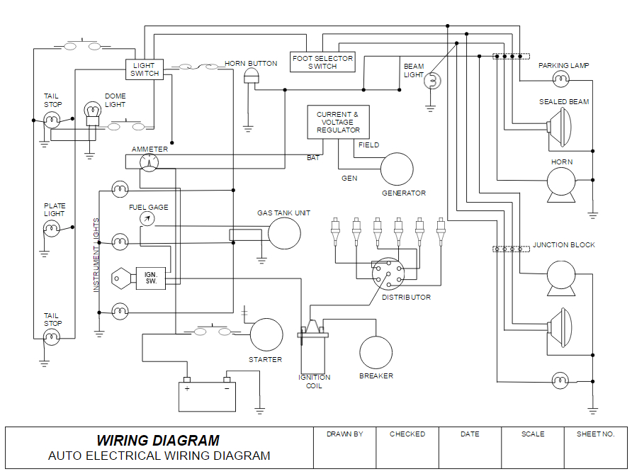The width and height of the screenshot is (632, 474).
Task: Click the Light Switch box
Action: click(x=145, y=69)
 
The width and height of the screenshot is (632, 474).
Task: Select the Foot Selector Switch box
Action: click(x=322, y=62)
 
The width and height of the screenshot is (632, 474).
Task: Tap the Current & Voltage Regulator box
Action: click(x=338, y=122)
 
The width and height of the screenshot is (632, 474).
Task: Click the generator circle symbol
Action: click(x=397, y=169)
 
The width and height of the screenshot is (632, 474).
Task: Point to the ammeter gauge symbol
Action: click(x=149, y=163)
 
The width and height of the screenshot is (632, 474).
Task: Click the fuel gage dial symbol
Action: click(x=147, y=218)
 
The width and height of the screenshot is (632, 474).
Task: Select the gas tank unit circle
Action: click(x=284, y=233)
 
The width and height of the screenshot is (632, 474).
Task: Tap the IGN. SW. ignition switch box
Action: click(x=152, y=278)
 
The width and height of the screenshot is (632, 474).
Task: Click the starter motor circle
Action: click(x=266, y=334)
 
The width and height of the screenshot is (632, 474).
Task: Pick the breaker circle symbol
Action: click(x=376, y=352)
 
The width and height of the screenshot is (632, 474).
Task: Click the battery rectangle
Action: click(x=207, y=397)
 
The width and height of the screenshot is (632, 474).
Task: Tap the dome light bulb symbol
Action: click(x=92, y=112)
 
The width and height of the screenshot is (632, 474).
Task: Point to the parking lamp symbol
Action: click(x=562, y=77)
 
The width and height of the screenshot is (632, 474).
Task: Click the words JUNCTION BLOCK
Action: click(x=564, y=245)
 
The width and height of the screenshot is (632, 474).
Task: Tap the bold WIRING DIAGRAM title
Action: click(x=158, y=441)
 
